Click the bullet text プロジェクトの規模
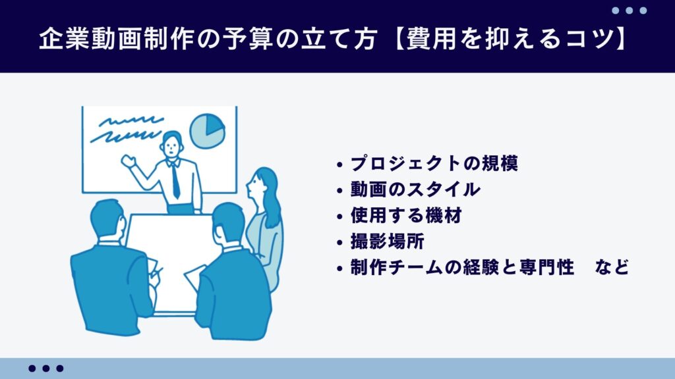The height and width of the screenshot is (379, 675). (x=434, y=163)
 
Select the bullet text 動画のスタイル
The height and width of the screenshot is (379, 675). (x=415, y=189)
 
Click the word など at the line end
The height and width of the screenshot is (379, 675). (x=610, y=268)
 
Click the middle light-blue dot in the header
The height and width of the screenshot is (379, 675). (x=630, y=11)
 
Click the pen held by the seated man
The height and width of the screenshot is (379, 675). (x=157, y=271)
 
